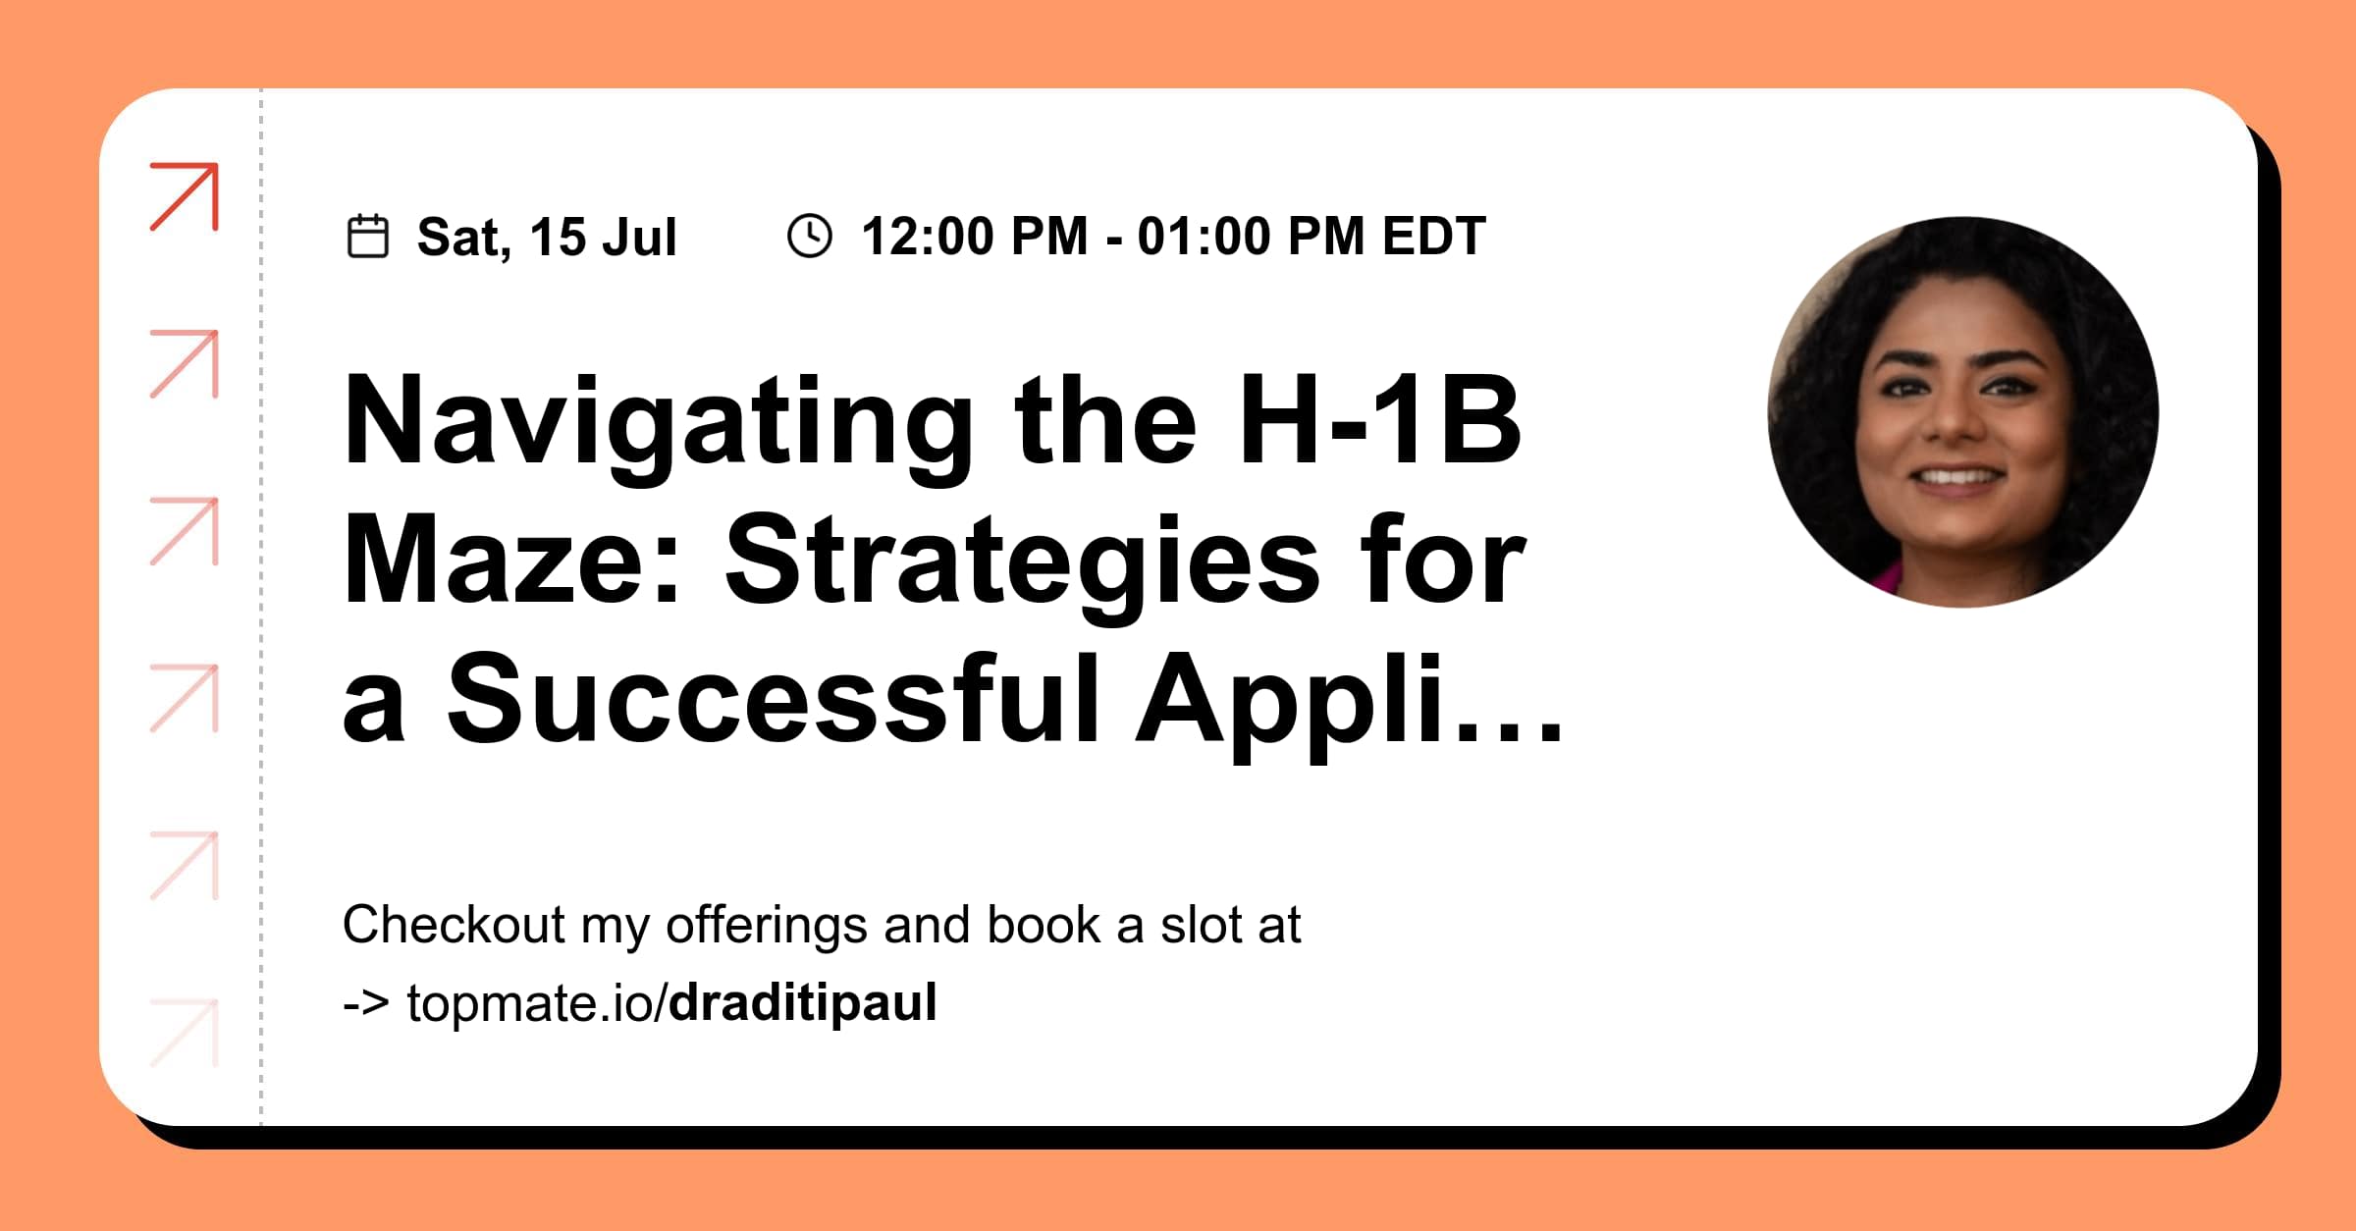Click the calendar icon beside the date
368,237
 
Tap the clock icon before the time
810,237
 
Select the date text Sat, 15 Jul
547,238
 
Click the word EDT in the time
1434,237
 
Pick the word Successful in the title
773,699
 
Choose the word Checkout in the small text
454,925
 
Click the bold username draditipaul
803,1003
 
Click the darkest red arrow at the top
185,197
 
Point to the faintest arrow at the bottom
185,1033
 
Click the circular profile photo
1962,412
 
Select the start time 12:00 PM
974,237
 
